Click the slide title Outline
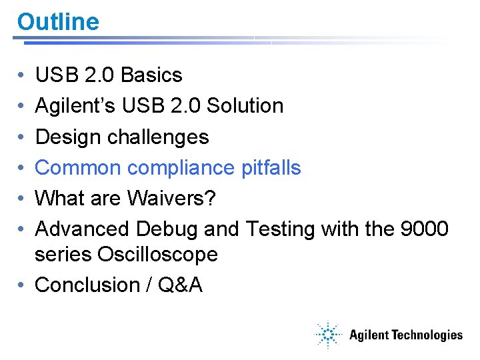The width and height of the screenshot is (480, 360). pyautogui.click(x=58, y=22)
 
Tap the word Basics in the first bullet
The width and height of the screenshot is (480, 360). pyautogui.click(x=151, y=75)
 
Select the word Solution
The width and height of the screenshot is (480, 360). pyautogui.click(x=245, y=106)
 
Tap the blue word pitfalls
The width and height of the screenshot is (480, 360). pyautogui.click(x=271, y=167)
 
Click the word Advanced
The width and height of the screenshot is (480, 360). pyautogui.click(x=83, y=229)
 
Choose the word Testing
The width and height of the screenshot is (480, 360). pyautogui.click(x=281, y=229)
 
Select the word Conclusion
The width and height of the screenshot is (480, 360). pyautogui.click(x=87, y=285)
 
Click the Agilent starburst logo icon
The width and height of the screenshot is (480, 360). pyautogui.click(x=328, y=335)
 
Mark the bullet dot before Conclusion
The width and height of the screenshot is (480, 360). pyautogui.click(x=23, y=285)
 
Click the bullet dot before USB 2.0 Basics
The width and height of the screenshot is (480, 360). pyautogui.click(x=23, y=75)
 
